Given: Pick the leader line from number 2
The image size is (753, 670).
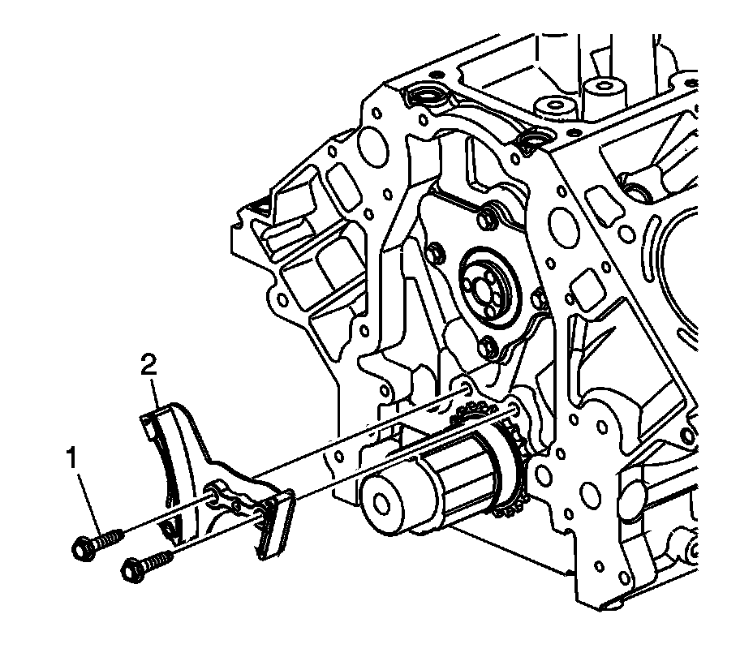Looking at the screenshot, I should tap(154, 398).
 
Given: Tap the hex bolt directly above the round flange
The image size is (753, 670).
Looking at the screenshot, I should tap(486, 217).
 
